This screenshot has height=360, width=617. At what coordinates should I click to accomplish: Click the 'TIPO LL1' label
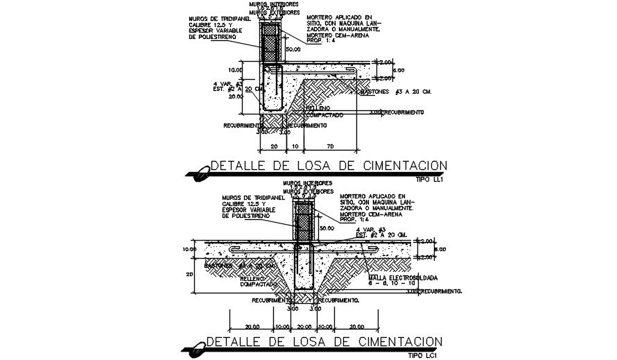(x=431, y=179)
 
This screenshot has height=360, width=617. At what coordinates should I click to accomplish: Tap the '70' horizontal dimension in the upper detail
(x=330, y=147)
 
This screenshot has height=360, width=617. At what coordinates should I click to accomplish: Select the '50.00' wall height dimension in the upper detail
(x=293, y=49)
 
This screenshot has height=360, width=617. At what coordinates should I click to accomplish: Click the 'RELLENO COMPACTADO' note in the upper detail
(x=326, y=111)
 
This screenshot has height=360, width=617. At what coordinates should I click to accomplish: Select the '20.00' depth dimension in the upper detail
(x=236, y=97)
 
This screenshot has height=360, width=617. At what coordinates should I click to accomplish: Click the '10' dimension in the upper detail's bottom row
(x=295, y=147)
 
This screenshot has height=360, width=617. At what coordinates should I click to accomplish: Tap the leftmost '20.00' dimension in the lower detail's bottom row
(x=251, y=326)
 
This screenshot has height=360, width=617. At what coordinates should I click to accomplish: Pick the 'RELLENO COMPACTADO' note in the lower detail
(x=257, y=281)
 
